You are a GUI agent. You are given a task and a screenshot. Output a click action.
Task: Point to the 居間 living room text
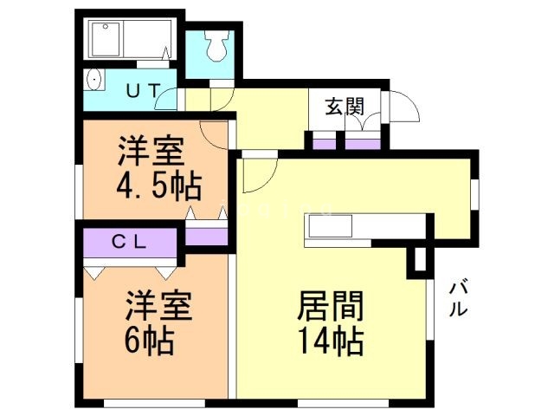330,306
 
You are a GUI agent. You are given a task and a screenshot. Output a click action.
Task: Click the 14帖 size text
330,339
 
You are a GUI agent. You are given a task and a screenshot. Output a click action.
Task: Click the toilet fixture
216,45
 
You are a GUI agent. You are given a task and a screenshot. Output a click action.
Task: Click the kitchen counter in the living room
330,227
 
